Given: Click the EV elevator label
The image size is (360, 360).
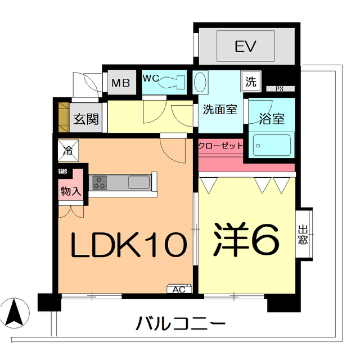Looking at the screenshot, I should (246, 46).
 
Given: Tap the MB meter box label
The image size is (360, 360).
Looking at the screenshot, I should (120, 84).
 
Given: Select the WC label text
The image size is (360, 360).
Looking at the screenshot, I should (150, 79).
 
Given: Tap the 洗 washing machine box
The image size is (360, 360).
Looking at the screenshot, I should (250, 81).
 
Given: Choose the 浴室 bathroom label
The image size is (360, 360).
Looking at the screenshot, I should (272, 119).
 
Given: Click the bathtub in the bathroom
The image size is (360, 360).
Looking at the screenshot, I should (272, 144).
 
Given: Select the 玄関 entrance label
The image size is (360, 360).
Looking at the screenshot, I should (87, 119).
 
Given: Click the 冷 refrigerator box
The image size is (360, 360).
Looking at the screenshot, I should (67, 150).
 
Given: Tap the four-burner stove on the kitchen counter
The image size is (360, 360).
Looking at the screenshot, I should (101, 182).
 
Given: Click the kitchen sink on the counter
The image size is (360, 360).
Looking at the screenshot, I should (138, 182).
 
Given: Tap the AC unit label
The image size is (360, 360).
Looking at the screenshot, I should (179, 290).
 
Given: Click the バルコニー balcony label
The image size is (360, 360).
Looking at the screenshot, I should (181, 323).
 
